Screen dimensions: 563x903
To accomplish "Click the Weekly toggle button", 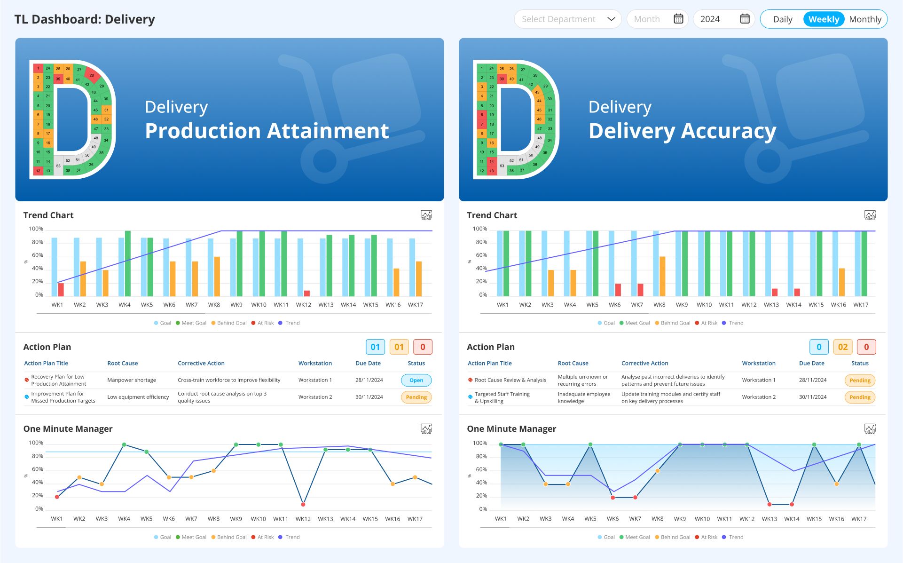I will (824, 19).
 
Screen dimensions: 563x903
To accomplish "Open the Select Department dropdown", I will (567, 19).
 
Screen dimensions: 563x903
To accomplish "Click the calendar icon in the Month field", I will (678, 19).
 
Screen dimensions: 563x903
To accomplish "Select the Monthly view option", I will (865, 19).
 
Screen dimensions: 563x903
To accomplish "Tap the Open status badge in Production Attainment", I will (416, 380).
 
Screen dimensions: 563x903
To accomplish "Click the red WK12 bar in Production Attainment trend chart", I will (307, 293).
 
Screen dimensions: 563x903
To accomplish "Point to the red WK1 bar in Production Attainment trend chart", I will (61, 289).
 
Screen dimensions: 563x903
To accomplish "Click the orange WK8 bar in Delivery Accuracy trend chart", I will (662, 276).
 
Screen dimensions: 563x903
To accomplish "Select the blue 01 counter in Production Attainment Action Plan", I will (375, 347).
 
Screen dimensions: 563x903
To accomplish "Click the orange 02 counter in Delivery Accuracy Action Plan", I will (843, 347).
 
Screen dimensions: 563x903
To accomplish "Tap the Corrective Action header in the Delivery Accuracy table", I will (644, 363).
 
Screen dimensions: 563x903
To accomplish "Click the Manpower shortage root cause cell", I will (132, 380).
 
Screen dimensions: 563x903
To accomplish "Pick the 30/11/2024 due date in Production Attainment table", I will (369, 397).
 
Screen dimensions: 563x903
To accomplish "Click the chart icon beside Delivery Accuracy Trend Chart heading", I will (870, 215).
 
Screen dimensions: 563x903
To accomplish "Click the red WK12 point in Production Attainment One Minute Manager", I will (303, 504).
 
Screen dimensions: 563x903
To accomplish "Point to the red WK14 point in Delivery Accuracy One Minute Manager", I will (792, 504).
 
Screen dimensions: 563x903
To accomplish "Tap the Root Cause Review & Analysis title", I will (510, 380).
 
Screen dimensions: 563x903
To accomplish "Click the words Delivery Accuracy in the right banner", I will (682, 131).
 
